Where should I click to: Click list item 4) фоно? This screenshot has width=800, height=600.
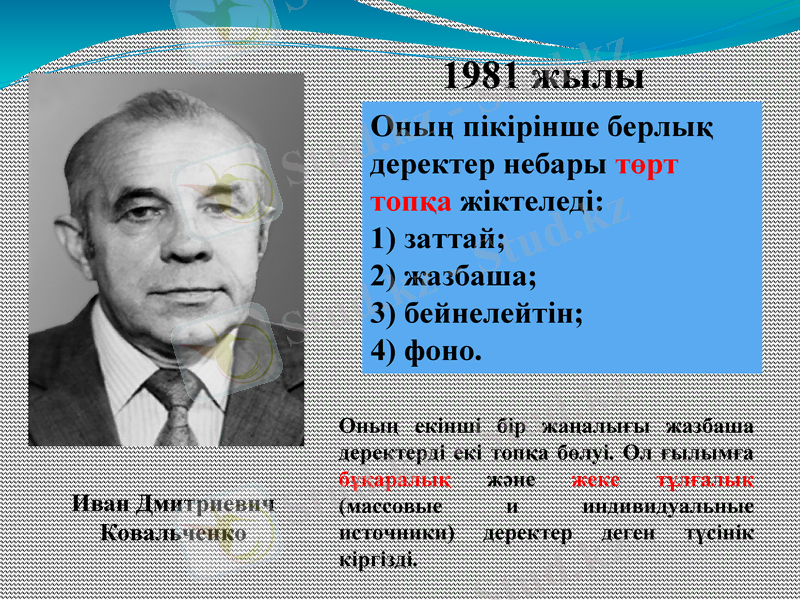click(426, 349)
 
